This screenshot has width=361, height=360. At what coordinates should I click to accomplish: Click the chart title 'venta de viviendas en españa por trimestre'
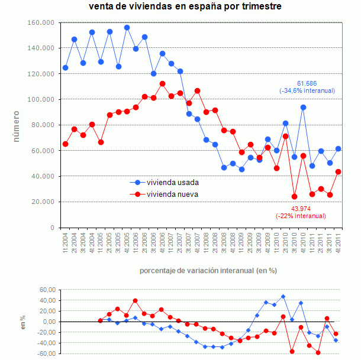click(x=185, y=7)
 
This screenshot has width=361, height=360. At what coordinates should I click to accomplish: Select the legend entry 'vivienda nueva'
click(x=172, y=194)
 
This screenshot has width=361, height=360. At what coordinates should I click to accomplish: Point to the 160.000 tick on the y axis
click(x=41, y=22)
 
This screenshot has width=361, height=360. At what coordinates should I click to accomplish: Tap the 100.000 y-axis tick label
click(x=41, y=99)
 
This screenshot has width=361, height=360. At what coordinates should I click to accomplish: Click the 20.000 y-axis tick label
click(x=43, y=202)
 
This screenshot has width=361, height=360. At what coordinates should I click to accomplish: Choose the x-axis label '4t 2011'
click(x=338, y=243)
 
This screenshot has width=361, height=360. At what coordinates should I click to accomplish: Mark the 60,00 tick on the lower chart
click(x=47, y=290)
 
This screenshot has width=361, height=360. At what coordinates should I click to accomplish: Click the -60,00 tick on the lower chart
click(x=46, y=353)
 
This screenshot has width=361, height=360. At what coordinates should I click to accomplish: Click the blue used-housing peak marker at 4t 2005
click(x=127, y=27)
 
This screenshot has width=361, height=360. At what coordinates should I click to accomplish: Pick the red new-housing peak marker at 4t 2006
click(x=162, y=83)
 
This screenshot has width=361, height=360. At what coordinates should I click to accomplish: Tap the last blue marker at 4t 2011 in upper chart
click(x=338, y=149)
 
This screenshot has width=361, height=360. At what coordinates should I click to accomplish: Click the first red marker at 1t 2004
click(x=65, y=144)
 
